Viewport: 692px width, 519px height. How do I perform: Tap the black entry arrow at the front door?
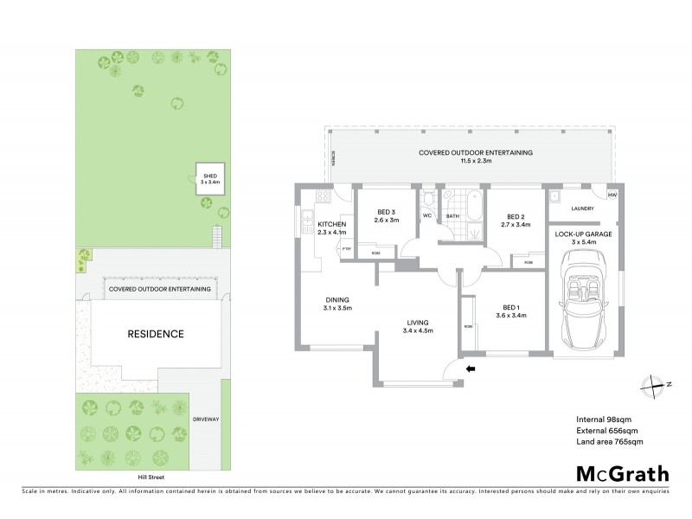(x=471, y=369)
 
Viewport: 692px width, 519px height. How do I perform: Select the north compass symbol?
(x=657, y=385)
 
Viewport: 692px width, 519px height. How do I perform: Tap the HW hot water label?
(x=612, y=195)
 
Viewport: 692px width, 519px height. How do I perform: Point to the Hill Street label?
(x=144, y=477)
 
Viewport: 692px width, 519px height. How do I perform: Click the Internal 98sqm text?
(x=604, y=420)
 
